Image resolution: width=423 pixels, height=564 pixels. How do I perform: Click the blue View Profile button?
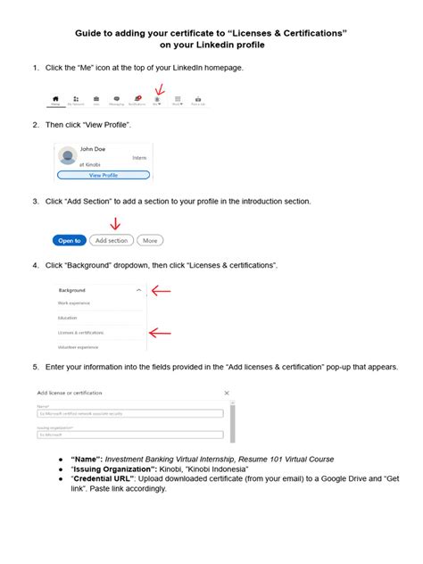coord(103,176)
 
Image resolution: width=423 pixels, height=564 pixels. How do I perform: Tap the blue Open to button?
coord(70,240)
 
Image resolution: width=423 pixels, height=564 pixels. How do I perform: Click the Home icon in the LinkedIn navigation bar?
coord(56,100)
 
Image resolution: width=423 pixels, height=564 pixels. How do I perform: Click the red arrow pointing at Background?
coord(160,290)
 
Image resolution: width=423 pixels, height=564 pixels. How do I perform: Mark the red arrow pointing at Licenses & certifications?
coord(160,333)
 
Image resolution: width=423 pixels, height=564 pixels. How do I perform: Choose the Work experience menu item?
coord(75,303)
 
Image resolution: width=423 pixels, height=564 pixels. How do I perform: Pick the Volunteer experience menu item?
coord(79,347)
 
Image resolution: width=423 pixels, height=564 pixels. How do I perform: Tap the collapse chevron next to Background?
coord(138,290)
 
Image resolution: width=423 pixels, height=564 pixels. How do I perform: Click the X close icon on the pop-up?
coord(228,393)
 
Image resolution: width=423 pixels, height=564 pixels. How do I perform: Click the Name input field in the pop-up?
coord(129,413)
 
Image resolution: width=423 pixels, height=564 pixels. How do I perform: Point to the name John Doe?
coord(93,148)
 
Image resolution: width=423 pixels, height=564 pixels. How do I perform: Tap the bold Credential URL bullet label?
coord(106,479)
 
